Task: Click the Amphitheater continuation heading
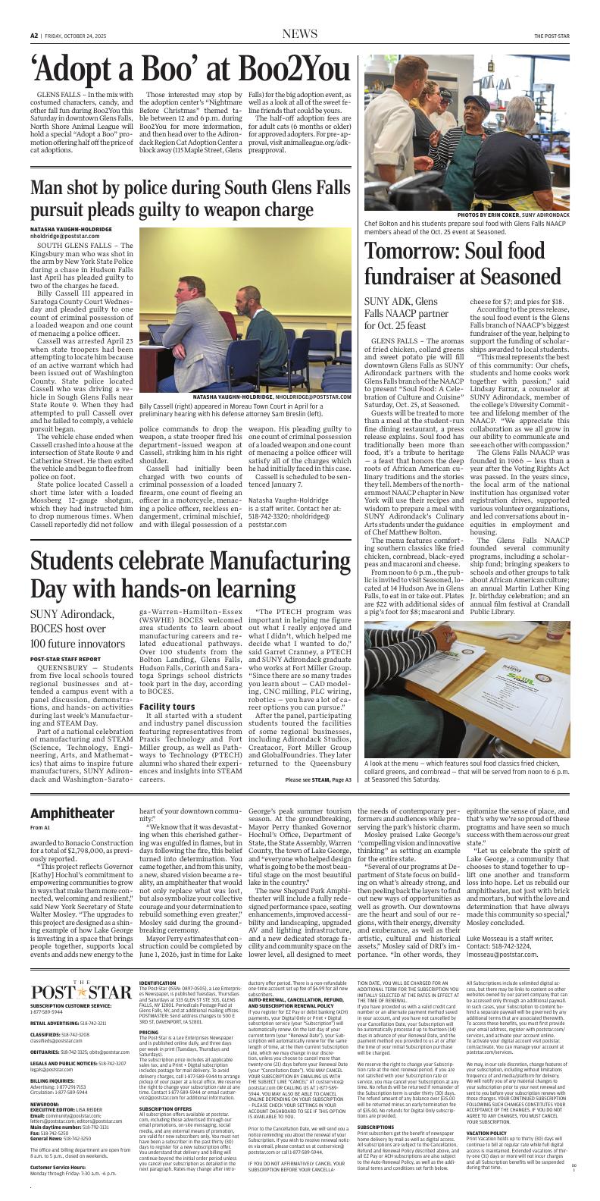(72, 813)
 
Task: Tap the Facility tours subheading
(167, 706)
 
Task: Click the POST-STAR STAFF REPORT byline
(67, 660)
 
